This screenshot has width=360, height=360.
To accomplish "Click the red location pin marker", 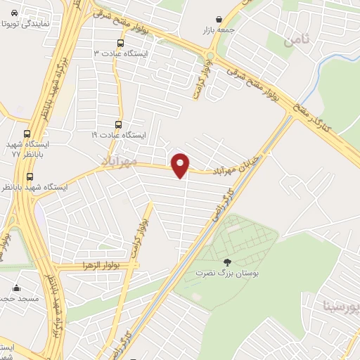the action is [x=181, y=165].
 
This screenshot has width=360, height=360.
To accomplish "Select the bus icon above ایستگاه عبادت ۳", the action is [x=120, y=42].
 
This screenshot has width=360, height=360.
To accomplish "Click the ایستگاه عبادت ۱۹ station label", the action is [x=118, y=134].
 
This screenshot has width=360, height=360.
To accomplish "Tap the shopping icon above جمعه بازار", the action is [x=220, y=20].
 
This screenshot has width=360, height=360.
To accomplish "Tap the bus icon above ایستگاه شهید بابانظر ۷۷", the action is [x=27, y=134].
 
